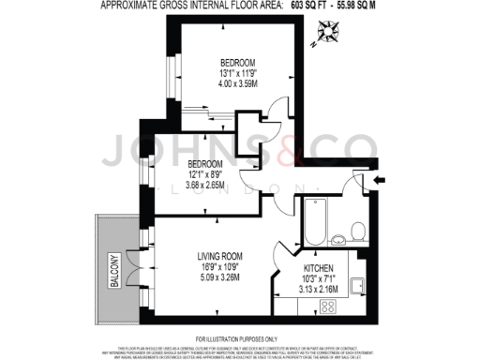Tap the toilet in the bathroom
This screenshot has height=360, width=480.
357,228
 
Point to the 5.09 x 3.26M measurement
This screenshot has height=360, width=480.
221,277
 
